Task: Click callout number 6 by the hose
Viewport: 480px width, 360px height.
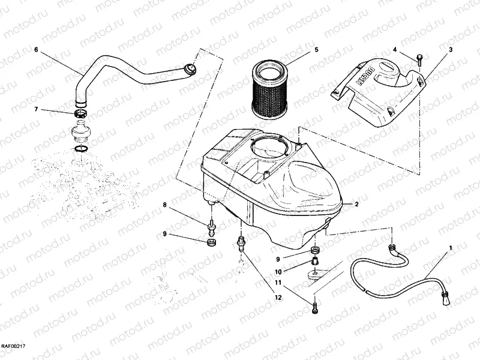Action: [x=37, y=50]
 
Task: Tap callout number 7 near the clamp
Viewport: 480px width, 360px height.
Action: [x=37, y=109]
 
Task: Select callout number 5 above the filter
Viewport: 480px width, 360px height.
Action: [x=316, y=50]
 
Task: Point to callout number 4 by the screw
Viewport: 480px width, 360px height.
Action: [x=395, y=50]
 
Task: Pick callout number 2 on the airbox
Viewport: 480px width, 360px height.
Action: [x=356, y=205]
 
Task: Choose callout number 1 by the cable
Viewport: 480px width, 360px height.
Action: [x=451, y=247]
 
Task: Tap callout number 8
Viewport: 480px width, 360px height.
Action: [x=164, y=206]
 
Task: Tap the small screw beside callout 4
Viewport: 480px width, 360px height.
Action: [x=419, y=59]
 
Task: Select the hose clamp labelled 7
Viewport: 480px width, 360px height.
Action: [x=80, y=113]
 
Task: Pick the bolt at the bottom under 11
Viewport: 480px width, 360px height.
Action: [x=316, y=308]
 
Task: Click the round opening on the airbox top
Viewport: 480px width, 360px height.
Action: [x=265, y=147]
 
